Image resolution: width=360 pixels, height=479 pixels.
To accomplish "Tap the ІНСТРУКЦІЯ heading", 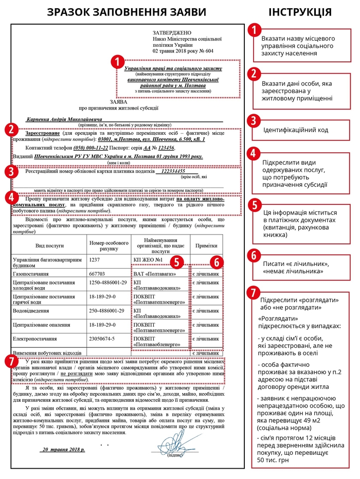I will coord(300,12).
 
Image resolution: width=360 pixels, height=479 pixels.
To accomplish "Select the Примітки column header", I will coord(206,246).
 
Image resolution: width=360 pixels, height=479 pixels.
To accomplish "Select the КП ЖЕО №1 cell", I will coord(148,260).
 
